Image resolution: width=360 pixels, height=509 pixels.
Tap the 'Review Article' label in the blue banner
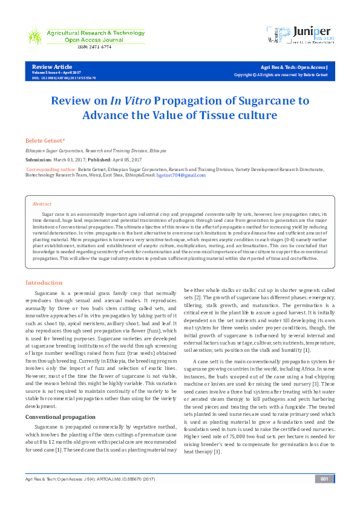coord(51,66)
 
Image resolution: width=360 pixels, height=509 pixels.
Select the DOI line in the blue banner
coord(64,78)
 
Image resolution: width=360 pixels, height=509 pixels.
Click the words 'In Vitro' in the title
coord(129,100)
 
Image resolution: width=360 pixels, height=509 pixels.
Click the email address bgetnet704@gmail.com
coord(181,175)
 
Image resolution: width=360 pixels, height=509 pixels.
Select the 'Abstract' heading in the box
coord(42,204)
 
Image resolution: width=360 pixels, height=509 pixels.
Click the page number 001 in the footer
coord(324,496)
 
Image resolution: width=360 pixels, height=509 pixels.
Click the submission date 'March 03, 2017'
coord(71,160)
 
